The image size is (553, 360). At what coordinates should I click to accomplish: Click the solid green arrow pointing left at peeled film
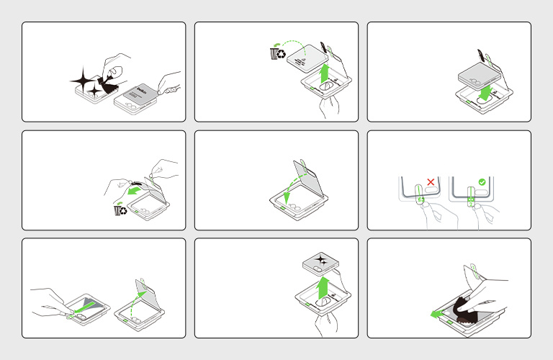132,193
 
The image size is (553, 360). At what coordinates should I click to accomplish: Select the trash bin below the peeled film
121,210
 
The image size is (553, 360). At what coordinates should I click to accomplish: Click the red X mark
431,182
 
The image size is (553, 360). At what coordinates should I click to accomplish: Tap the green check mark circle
482,182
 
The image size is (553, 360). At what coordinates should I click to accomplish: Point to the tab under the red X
418,199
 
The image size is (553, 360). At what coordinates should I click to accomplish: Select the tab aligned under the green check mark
469,198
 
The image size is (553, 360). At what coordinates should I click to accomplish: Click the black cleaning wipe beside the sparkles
109,87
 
